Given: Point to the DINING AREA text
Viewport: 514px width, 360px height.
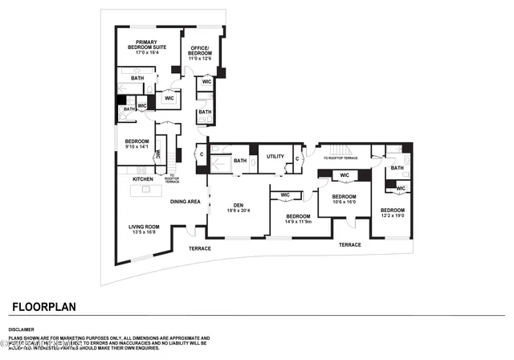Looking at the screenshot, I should click(x=185, y=202).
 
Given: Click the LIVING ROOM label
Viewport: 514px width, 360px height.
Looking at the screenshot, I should click(x=145, y=227).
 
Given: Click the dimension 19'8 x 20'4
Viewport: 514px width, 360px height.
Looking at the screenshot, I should click(x=239, y=211).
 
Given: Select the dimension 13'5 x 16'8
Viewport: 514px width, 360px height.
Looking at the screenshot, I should click(x=145, y=234).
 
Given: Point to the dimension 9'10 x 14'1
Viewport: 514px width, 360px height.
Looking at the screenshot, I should click(x=138, y=146).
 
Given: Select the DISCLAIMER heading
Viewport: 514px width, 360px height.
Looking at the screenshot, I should click(x=22, y=329).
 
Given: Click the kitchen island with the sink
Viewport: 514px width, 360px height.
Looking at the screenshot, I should click(x=146, y=190).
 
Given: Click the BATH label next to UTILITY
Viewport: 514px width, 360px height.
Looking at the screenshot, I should click(x=240, y=161).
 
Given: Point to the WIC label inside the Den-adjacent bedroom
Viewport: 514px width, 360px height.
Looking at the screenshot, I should click(x=285, y=194).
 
